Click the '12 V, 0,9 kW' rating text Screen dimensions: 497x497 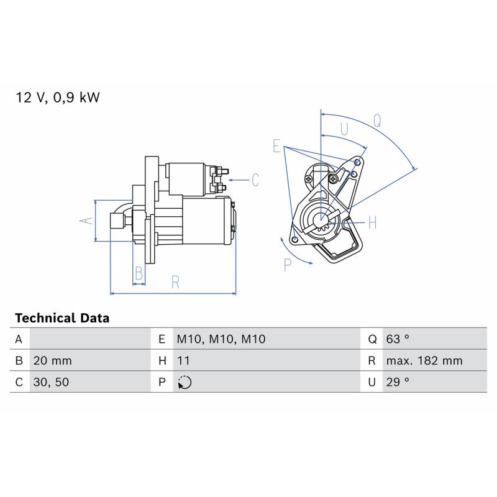[57, 98]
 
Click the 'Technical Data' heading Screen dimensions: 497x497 [62, 318]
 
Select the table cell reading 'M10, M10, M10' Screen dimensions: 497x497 [221, 339]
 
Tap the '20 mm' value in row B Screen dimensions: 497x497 [52, 361]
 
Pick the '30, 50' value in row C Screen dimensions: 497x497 [51, 382]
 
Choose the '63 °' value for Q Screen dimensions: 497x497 [398, 339]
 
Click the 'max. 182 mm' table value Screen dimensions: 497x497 [424, 361]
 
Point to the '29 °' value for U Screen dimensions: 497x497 [398, 382]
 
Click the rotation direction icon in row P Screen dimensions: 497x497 [185, 382]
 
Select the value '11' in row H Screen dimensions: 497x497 [183, 361]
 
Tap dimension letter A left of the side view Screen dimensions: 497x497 [86, 221]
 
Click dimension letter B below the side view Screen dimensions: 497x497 [139, 273]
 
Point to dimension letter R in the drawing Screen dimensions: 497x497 [175, 282]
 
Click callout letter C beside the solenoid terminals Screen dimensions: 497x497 [255, 180]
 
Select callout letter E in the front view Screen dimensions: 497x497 [276, 146]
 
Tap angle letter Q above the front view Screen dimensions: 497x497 [377, 121]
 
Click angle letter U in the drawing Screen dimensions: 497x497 [344, 129]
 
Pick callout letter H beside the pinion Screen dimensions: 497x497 [372, 222]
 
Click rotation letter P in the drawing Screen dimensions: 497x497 [288, 265]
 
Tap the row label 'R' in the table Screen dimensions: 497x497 [372, 361]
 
